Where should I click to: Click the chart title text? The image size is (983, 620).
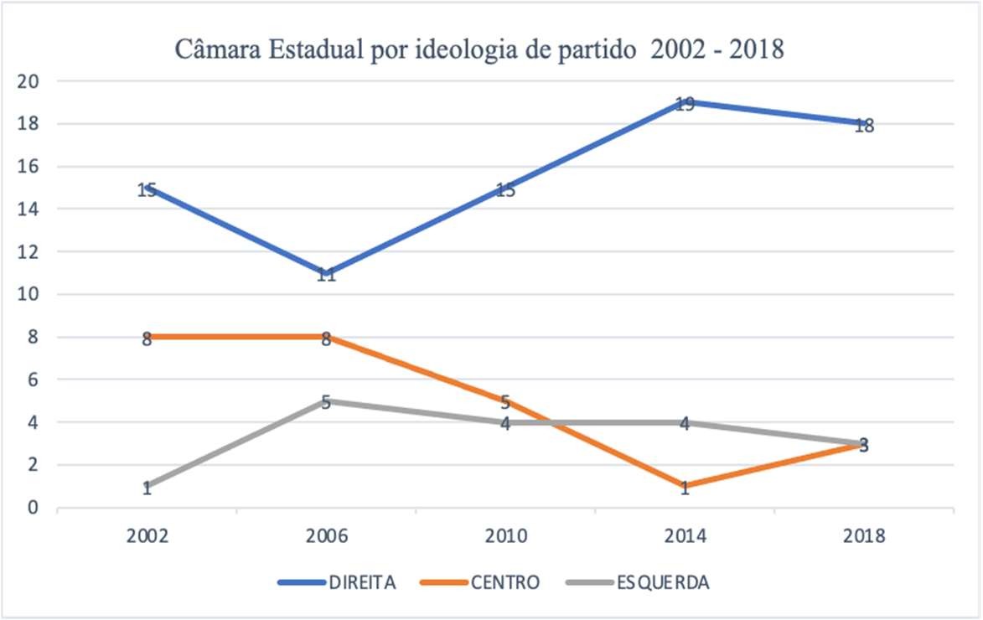(479, 49)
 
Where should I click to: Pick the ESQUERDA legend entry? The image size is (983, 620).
(663, 581)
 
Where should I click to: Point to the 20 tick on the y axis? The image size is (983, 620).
(31, 81)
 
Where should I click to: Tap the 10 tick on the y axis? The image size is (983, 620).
(31, 294)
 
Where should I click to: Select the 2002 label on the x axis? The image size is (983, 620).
(147, 536)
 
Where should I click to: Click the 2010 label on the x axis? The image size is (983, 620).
(505, 536)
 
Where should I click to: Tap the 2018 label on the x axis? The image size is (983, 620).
(864, 536)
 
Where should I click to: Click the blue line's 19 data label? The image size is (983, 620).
(685, 105)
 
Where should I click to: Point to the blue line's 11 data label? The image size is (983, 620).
(326, 275)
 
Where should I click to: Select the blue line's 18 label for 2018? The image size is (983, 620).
(864, 127)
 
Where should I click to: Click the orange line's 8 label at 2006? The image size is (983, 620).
(326, 339)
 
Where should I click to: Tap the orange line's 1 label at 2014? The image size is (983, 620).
(685, 488)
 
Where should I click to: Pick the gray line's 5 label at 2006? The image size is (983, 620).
(326, 403)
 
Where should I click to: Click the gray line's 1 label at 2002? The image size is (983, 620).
(147, 488)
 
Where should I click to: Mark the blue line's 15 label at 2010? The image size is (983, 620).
(505, 190)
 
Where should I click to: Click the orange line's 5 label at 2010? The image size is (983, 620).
(505, 403)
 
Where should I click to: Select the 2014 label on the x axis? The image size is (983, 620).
(685, 536)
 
